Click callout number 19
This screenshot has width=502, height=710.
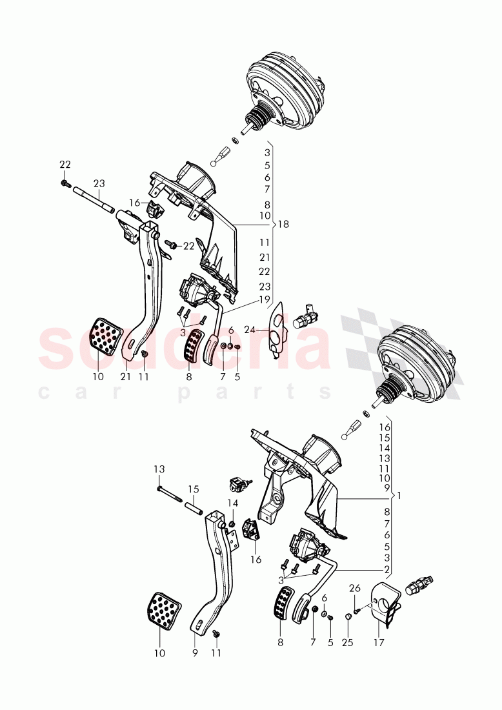click(265, 299)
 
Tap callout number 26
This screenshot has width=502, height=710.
click(356, 587)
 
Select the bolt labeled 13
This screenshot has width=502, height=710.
click(170, 498)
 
